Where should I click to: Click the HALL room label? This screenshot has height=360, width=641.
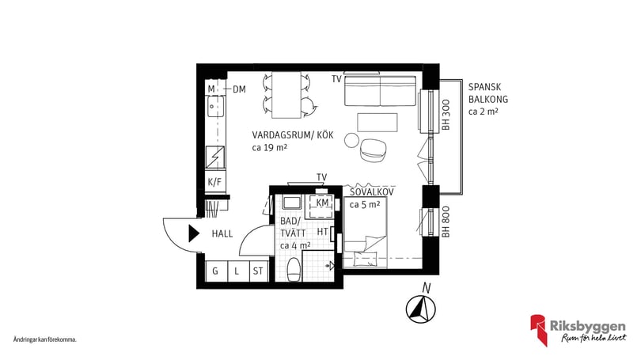pyautogui.click(x=222, y=233)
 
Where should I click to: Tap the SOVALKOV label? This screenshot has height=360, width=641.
pyautogui.click(x=372, y=191)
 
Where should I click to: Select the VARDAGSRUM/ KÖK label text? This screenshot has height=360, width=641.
pyautogui.click(x=293, y=135)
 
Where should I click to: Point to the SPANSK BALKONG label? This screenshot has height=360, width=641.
pyautogui.click(x=487, y=93)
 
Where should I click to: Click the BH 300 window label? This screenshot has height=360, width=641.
pyautogui.click(x=446, y=115)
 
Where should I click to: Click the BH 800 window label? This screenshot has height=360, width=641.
pyautogui.click(x=446, y=222)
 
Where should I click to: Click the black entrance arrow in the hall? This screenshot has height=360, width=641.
pyautogui.click(x=192, y=233)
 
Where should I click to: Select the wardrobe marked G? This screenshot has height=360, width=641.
pyautogui.click(x=214, y=272)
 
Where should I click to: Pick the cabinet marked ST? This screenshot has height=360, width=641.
pyautogui.click(x=257, y=272)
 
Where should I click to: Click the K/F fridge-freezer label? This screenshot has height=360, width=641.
pyautogui.click(x=214, y=182)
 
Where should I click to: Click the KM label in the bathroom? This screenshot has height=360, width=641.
pyautogui.click(x=322, y=203)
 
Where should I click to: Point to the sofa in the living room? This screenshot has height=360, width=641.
pyautogui.click(x=381, y=92)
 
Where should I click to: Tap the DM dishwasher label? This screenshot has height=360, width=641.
pyautogui.click(x=240, y=89)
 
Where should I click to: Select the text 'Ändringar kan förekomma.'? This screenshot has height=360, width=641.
pyautogui.click(x=44, y=339)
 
